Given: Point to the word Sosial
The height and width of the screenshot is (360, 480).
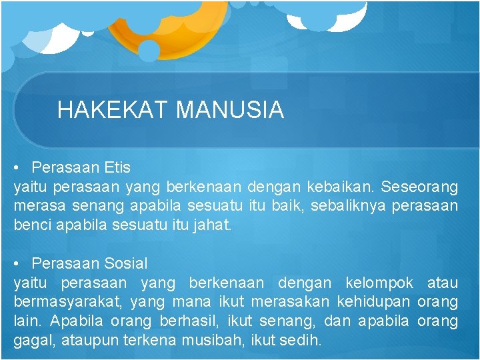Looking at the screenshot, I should click(125, 263).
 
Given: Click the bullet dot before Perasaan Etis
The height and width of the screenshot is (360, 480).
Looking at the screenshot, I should click(22, 167).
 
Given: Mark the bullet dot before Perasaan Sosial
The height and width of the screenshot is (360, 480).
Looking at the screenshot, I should click(22, 263).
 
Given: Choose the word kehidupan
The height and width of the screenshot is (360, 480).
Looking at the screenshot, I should click(375, 302).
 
